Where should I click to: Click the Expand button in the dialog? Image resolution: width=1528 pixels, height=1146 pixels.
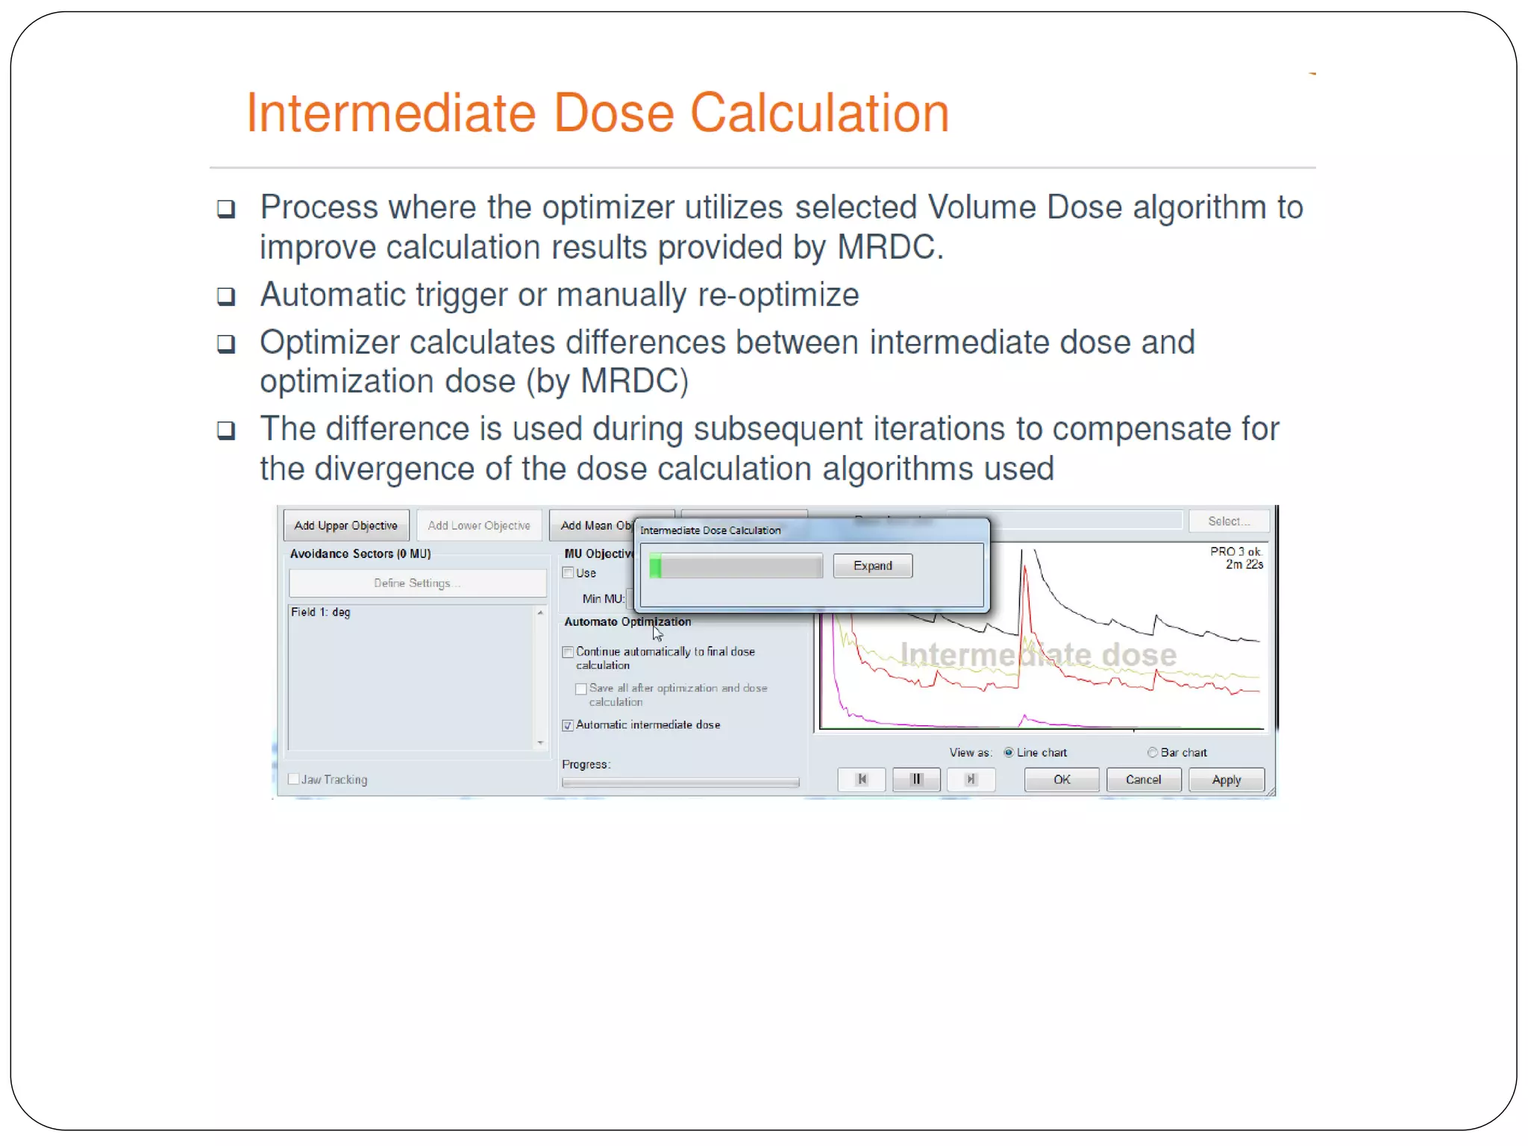click(872, 566)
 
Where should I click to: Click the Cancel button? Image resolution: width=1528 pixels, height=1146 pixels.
click(1143, 780)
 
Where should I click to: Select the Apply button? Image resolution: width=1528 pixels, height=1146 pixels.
click(1226, 780)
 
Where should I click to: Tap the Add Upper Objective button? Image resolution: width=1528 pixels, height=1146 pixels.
click(345, 525)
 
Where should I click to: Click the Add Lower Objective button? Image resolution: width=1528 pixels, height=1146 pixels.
click(479, 525)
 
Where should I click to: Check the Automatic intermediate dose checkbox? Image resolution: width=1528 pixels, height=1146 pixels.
click(568, 725)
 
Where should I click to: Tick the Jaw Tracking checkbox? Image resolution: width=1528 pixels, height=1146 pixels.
click(294, 779)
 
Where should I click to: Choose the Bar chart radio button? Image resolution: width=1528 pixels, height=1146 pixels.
click(1152, 752)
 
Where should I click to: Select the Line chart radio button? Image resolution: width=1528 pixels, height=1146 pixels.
click(1009, 752)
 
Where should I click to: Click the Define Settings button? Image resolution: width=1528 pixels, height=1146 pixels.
click(417, 583)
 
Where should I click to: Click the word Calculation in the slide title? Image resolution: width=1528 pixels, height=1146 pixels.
click(819, 113)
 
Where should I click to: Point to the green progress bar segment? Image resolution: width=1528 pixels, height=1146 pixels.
click(655, 566)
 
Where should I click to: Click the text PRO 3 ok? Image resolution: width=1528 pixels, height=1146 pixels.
click(1235, 551)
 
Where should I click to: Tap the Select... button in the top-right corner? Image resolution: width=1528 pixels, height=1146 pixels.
click(1228, 521)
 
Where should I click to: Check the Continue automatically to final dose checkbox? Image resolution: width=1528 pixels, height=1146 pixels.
click(568, 652)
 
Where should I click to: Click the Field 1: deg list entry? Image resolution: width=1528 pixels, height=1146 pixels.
click(321, 612)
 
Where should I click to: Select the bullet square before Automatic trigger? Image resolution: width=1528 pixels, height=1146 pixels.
click(226, 296)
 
